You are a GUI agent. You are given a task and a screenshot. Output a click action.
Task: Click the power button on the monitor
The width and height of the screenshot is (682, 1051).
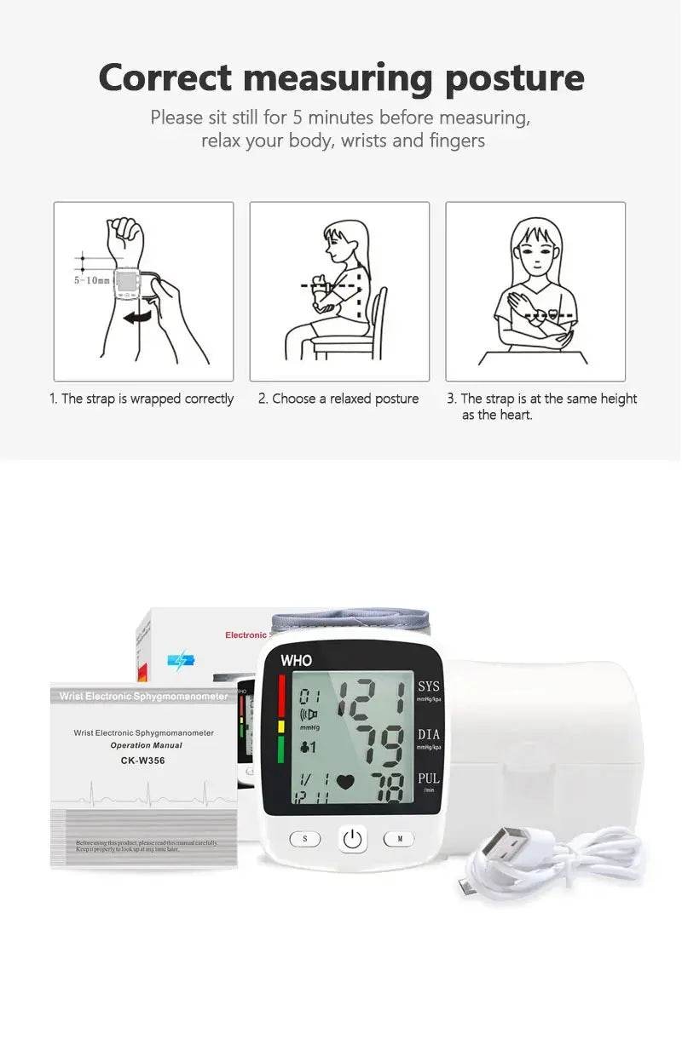[x=353, y=839]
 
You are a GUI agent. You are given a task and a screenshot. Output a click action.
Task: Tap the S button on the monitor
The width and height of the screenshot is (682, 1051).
[x=304, y=839]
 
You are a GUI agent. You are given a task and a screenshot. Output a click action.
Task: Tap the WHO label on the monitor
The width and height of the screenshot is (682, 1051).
[x=296, y=660]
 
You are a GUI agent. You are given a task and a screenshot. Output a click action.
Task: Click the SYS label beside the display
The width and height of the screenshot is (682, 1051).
[x=428, y=686]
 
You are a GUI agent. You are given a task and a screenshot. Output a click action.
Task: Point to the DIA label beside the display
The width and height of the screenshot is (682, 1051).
[x=428, y=734]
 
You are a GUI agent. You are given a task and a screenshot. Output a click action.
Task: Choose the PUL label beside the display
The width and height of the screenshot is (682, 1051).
[x=428, y=778]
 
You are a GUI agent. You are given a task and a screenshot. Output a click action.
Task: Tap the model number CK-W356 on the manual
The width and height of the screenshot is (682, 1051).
[x=142, y=760]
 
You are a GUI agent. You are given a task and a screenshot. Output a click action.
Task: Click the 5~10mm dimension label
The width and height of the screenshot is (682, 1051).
[x=91, y=279]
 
